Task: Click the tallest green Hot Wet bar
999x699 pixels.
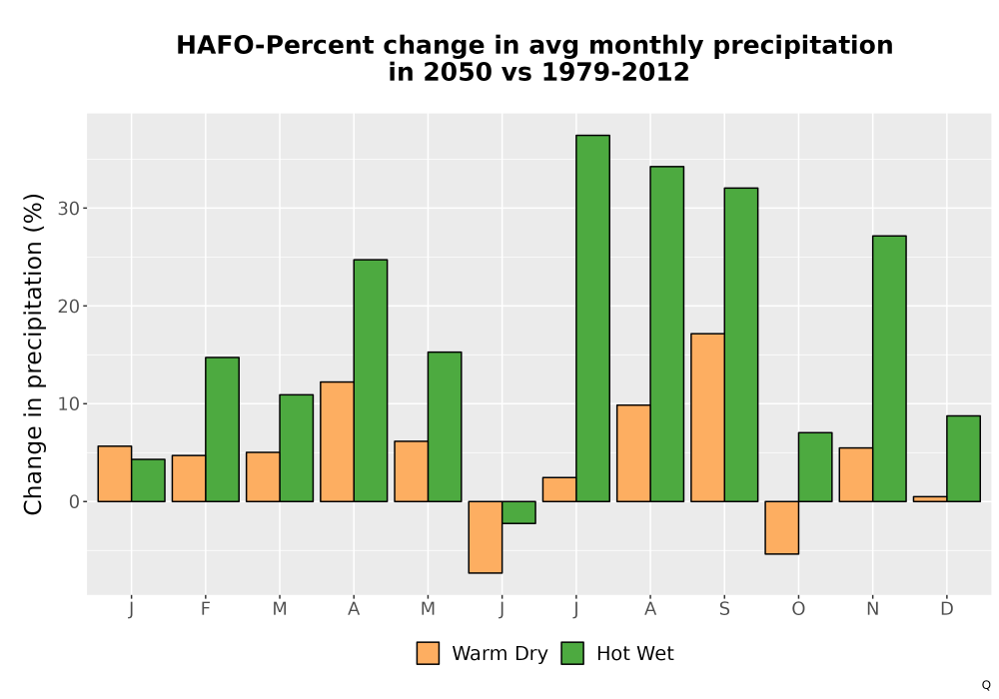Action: (592, 319)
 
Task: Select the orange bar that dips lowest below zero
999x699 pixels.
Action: (486, 537)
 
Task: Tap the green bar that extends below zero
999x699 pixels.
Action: (518, 512)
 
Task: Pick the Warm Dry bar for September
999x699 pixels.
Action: (708, 417)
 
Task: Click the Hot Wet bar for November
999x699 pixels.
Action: (889, 368)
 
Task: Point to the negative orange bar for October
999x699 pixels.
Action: (782, 528)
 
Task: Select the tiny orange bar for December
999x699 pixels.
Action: (930, 499)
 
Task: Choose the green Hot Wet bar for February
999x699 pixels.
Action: (223, 429)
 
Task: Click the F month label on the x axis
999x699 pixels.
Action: (205, 609)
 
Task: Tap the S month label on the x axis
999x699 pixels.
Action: (724, 609)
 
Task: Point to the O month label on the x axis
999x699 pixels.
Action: (798, 609)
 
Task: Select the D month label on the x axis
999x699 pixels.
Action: (947, 609)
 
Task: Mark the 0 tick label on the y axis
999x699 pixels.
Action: (74, 502)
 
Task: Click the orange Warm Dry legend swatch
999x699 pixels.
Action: (429, 653)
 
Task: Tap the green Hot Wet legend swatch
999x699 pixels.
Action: (572, 653)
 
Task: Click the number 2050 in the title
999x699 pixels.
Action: (458, 72)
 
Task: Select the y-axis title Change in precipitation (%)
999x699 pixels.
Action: (33, 353)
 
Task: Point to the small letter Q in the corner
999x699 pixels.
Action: (986, 685)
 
